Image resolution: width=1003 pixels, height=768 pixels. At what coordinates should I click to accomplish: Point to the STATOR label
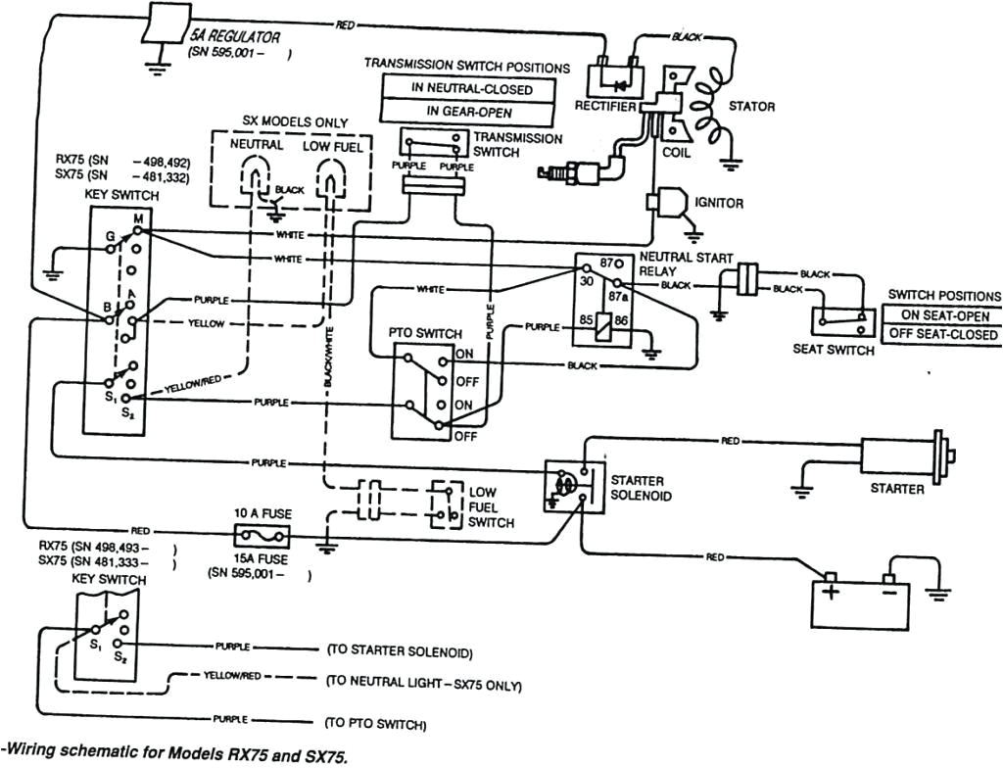(x=750, y=106)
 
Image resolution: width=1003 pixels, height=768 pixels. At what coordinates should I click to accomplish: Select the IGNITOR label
(x=719, y=203)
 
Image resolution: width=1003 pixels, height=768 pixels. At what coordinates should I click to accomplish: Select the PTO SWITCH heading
(x=425, y=333)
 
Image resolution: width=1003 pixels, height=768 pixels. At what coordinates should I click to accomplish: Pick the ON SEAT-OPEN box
(x=943, y=315)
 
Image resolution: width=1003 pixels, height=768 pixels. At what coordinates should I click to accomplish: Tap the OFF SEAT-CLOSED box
(x=943, y=334)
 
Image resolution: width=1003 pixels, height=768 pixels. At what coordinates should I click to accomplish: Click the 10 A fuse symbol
(x=261, y=535)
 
